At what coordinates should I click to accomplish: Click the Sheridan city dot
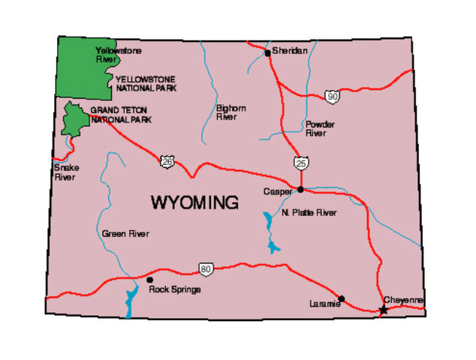(x=267, y=53)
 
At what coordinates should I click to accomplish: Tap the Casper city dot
(x=300, y=189)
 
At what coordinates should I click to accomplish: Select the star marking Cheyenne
(x=384, y=309)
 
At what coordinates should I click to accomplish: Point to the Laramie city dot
(x=342, y=298)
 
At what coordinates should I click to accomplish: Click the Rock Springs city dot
(x=150, y=280)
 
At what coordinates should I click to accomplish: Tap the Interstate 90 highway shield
(x=331, y=96)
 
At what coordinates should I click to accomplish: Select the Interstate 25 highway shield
(x=301, y=163)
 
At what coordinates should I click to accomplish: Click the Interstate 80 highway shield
(x=206, y=268)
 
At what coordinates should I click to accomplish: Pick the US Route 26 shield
(x=167, y=160)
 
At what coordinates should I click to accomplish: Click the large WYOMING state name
(x=194, y=202)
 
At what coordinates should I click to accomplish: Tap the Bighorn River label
(x=230, y=112)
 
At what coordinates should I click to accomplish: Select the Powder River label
(x=320, y=128)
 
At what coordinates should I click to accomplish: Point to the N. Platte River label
(x=309, y=213)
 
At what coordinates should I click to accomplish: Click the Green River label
(x=125, y=234)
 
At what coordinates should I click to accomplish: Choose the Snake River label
(x=65, y=172)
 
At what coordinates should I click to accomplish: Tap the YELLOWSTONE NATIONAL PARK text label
(x=146, y=82)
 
